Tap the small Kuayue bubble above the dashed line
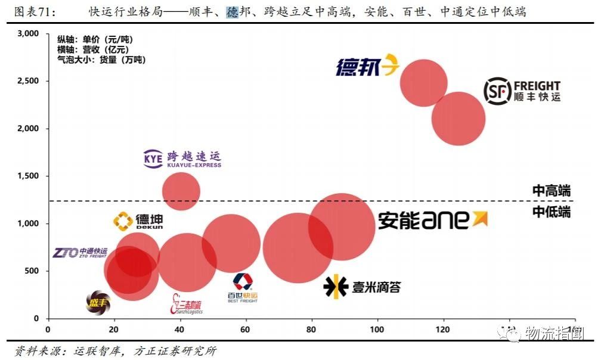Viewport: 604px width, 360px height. (x=181, y=191)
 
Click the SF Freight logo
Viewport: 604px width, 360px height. (x=522, y=91)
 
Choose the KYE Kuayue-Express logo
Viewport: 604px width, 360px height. (x=182, y=159)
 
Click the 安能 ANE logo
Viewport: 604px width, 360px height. (x=432, y=220)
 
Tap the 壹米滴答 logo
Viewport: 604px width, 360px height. (x=362, y=287)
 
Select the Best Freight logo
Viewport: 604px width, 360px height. (x=243, y=288)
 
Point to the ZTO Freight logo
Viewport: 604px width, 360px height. (x=80, y=253)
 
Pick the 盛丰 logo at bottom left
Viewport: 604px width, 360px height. (x=98, y=303)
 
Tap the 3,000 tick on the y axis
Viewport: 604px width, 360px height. (x=28, y=34)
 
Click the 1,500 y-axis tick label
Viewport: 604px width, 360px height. (x=28, y=176)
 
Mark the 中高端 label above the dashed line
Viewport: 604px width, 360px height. (x=551, y=191)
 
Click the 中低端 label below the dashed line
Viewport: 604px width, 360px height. (x=551, y=212)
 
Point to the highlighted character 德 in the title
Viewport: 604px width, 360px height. (x=232, y=12)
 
